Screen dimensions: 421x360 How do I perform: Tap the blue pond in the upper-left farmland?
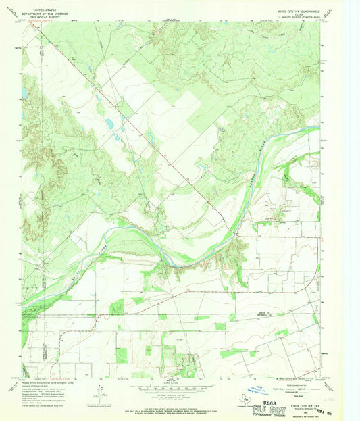point(107,124)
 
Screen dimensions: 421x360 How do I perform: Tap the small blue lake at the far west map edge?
point(25,93)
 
